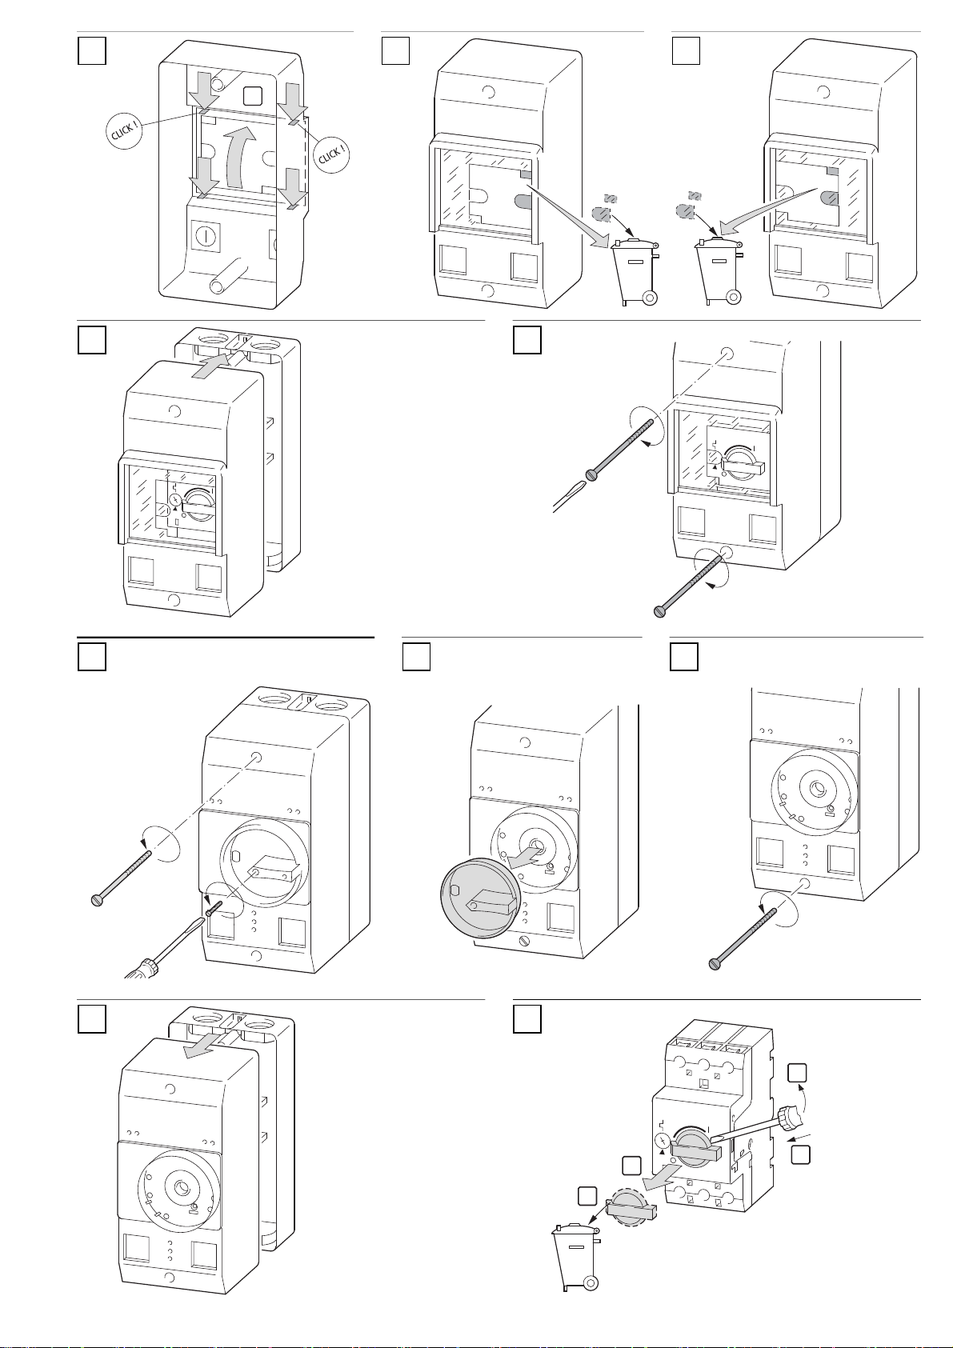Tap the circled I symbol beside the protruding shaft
pyautogui.click(x=206, y=236)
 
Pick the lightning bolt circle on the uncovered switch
pyautogui.click(x=663, y=1142)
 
